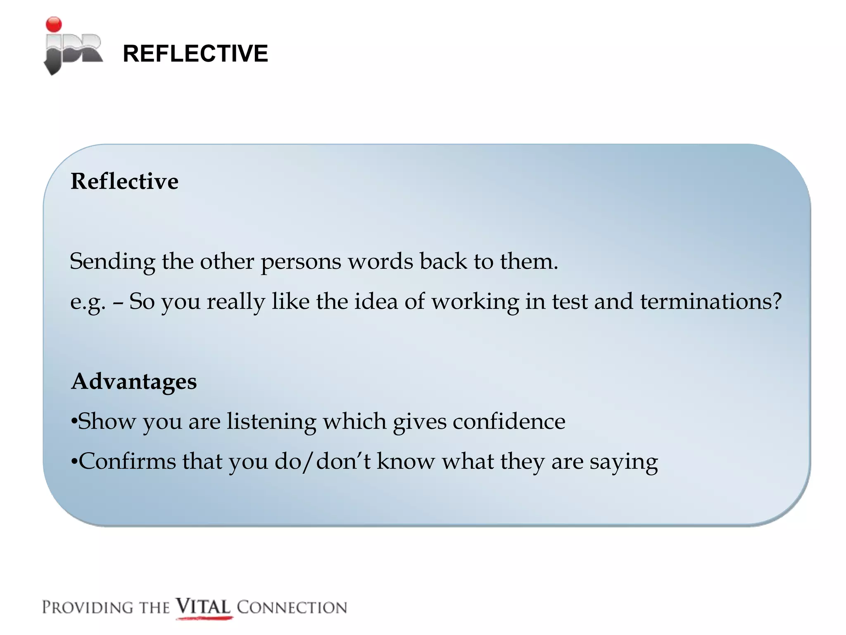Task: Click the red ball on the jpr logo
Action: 54,24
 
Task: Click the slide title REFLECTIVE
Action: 195,53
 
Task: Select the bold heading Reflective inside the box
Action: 124,181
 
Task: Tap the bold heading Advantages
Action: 134,381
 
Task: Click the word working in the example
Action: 475,302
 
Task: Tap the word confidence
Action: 509,421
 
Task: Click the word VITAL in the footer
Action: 203,607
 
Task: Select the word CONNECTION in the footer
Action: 292,607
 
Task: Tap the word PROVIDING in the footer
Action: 87,607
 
